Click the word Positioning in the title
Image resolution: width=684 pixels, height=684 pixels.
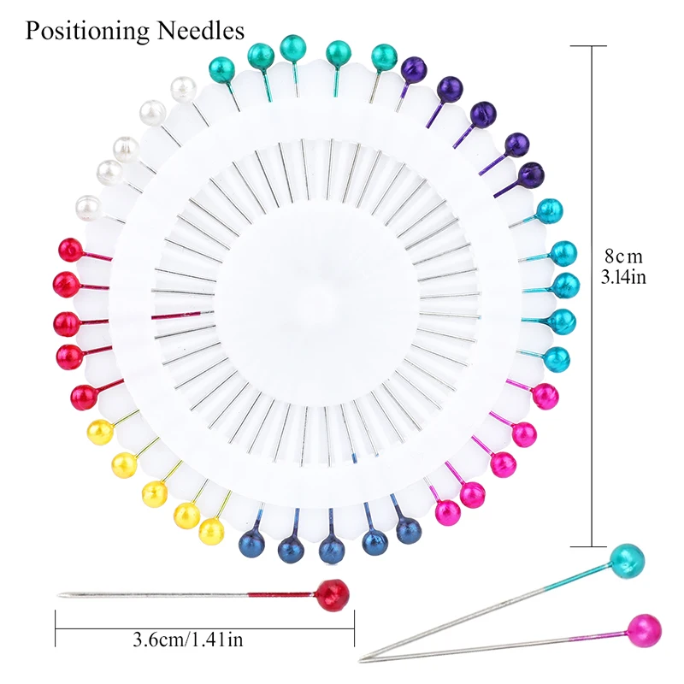pos(86,31)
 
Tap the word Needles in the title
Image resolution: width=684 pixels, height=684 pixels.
pos(200,31)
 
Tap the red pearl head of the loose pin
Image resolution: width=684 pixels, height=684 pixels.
pos(333,593)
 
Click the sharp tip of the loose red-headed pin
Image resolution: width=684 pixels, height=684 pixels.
pos(60,595)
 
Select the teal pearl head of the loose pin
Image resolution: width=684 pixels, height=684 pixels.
pos(627,560)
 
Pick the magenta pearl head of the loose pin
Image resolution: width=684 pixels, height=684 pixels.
pos(644,630)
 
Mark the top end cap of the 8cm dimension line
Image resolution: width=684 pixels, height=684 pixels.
pos(593,46)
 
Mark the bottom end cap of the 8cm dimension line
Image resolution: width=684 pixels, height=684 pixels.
pos(593,545)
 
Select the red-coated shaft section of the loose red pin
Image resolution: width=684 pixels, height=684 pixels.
pos(282,594)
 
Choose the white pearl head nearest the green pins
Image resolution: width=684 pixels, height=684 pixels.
pos(182,89)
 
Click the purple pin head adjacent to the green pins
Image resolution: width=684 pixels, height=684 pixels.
pos(414,68)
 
